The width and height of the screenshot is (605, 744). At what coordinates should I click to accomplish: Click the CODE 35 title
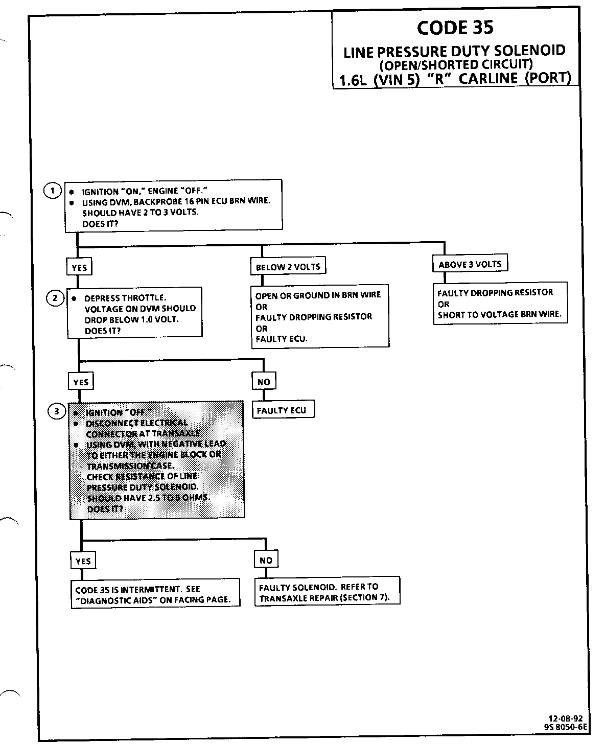455,27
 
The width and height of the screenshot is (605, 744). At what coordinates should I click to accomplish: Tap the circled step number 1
52,190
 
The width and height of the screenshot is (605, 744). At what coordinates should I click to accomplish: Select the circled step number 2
55,297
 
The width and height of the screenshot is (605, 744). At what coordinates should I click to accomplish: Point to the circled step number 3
57,411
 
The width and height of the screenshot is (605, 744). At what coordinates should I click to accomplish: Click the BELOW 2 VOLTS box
288,267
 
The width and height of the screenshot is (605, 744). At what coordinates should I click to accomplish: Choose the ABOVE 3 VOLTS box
470,264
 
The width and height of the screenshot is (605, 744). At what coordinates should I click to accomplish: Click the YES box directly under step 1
79,267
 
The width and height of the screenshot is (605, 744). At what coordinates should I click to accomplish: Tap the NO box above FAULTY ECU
264,382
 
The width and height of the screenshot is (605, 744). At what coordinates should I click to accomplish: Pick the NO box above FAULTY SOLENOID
266,560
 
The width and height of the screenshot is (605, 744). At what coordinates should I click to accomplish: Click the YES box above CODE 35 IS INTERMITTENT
83,561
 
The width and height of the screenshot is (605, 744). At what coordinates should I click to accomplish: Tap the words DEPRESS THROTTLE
125,298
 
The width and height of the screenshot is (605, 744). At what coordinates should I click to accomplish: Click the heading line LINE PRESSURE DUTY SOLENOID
454,51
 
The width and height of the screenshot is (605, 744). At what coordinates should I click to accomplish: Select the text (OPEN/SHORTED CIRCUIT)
456,65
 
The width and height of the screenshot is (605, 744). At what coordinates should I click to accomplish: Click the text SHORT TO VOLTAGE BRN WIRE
499,315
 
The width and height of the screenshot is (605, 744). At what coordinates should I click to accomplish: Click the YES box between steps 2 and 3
81,382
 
